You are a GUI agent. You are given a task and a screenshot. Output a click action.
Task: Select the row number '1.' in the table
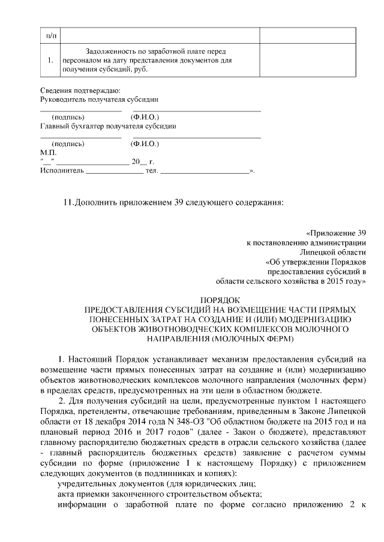(x=50, y=60)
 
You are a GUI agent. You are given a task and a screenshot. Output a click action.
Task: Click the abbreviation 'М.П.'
(x=47, y=153)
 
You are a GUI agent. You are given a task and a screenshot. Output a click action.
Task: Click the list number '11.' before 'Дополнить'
(x=68, y=202)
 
